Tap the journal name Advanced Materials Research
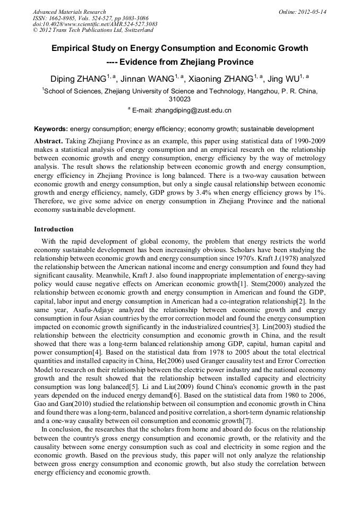click(x=69, y=12)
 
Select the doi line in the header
click(x=95, y=24)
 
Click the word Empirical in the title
click(x=71, y=48)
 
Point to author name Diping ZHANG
click(x=78, y=80)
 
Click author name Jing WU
click(x=286, y=80)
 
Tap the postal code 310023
click(x=179, y=99)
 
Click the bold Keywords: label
click(x=51, y=129)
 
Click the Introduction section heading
click(x=54, y=229)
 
